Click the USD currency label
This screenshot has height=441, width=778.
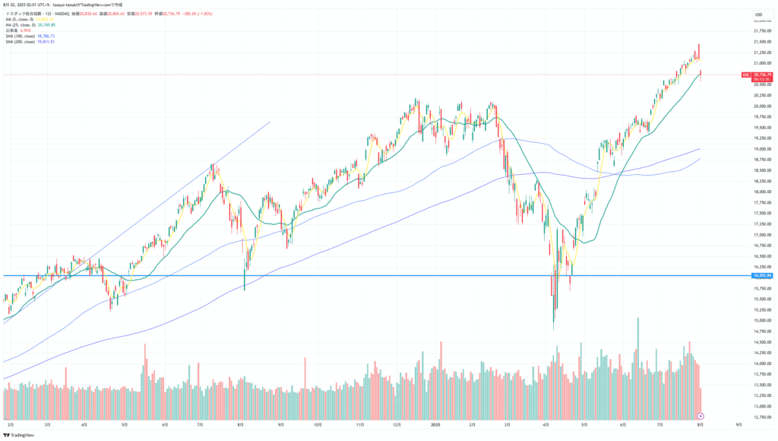(758, 14)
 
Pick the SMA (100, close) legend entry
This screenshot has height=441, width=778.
(22, 36)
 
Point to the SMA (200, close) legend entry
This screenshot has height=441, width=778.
(22, 41)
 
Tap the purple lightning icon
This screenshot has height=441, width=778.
(701, 416)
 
